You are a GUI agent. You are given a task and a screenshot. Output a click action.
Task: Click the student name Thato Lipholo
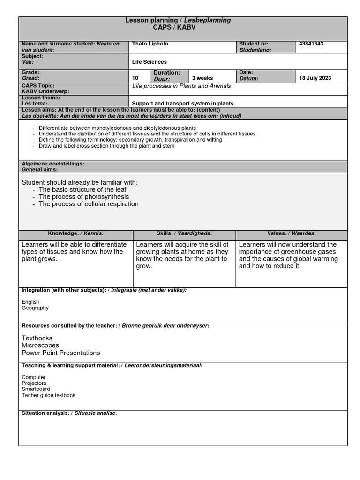coord(150,44)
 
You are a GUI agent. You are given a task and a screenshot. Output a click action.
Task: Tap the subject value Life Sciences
coord(150,62)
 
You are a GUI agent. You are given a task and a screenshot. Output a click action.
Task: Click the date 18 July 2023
coord(315,78)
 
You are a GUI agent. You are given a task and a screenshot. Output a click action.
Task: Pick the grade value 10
coord(135,78)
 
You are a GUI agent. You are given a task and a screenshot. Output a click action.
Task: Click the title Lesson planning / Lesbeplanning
coord(178,20)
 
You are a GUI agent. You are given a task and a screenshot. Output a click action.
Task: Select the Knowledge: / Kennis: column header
coord(75,233)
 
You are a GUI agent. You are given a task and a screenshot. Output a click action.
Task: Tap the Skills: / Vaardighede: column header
coord(184,233)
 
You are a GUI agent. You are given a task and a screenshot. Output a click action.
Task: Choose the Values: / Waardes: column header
coord(292,233)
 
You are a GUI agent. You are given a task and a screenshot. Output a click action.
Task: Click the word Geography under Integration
coord(35,308)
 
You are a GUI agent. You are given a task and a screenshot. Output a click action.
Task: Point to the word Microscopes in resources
coord(41,345)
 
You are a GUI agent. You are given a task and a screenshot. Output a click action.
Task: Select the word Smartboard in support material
coord(36,389)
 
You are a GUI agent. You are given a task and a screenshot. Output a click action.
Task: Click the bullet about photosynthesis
coord(84,197)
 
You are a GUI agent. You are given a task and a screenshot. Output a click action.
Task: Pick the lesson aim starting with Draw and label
coord(106,146)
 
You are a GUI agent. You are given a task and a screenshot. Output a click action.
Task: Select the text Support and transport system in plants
coord(183,103)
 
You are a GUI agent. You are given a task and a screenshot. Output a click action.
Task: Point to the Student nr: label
coord(253,44)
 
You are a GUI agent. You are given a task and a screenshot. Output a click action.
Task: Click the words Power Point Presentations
coord(61,352)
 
